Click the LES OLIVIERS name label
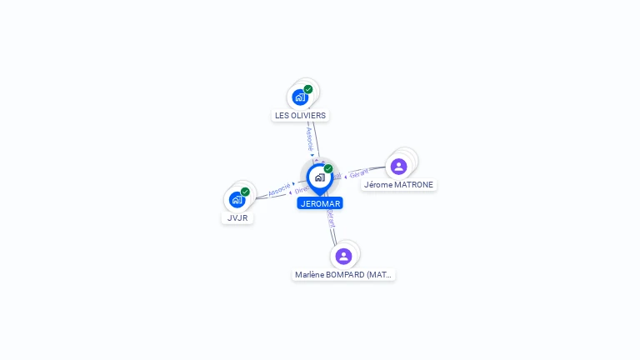(x=300, y=115)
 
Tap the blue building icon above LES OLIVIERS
(x=300, y=97)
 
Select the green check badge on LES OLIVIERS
(x=308, y=89)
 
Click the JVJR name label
(x=237, y=217)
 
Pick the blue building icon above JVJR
(x=237, y=199)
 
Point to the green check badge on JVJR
(x=245, y=192)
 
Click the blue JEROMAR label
(x=320, y=203)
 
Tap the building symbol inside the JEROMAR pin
(x=319, y=177)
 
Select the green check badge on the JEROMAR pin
(x=328, y=169)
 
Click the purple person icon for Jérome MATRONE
(x=398, y=166)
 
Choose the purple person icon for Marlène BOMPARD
(x=343, y=256)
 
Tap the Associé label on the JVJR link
(x=279, y=189)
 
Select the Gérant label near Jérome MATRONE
(x=359, y=174)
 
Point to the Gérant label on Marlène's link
(x=331, y=218)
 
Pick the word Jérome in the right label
(x=378, y=184)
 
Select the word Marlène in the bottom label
(x=309, y=274)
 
